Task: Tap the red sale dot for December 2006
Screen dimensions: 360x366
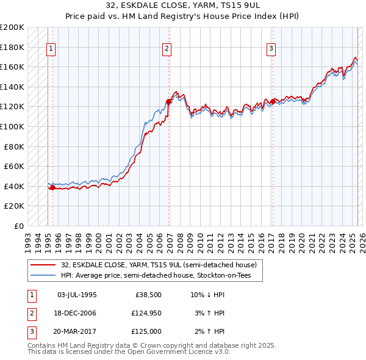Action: [x=168, y=102]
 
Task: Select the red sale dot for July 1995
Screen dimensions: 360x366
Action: [x=52, y=188]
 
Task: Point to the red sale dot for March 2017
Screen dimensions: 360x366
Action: [x=272, y=102]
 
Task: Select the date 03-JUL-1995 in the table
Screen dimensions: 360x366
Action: [x=77, y=295]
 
